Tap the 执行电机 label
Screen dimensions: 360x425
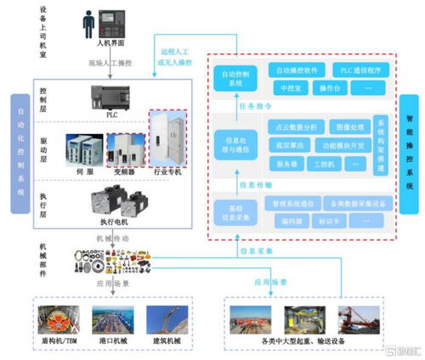click(111, 222)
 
